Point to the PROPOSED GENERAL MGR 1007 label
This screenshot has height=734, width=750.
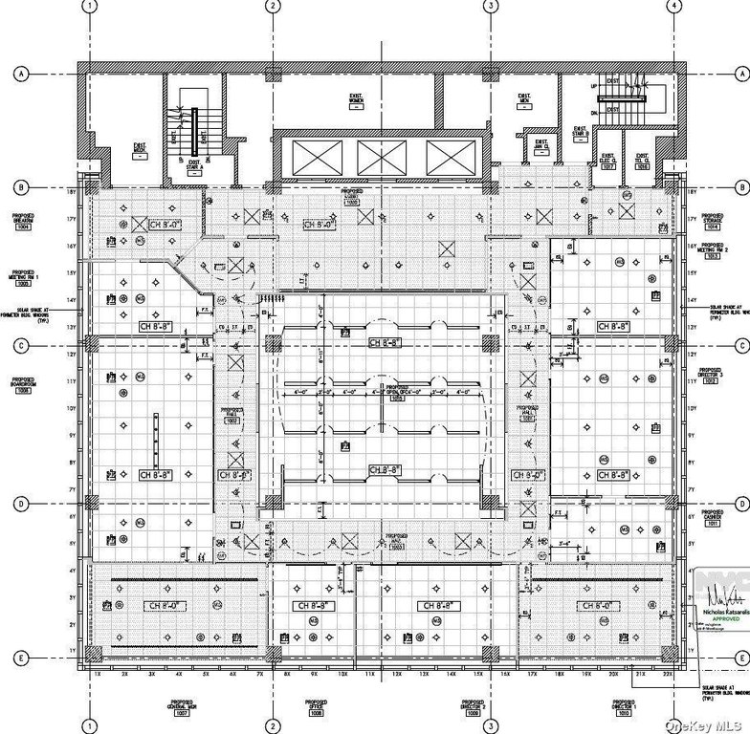tap(182, 710)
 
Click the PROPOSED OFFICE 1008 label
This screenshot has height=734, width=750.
tap(317, 710)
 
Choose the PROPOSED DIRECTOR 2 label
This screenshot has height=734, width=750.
tap(471, 710)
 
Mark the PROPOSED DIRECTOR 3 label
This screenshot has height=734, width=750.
tap(710, 375)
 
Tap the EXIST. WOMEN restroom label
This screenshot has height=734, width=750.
tap(354, 100)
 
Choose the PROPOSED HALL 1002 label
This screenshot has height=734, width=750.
tap(232, 414)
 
